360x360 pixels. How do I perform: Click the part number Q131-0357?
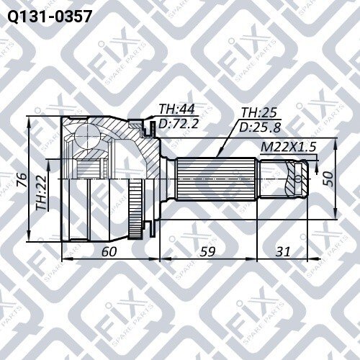point(50,17)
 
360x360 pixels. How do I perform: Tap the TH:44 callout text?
point(177,109)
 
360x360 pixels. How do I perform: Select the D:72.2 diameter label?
point(179,124)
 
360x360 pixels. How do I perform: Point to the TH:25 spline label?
point(259,112)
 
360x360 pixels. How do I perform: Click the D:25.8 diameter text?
point(260,127)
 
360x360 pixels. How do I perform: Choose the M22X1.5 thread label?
point(288,147)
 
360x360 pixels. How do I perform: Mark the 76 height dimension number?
point(22,179)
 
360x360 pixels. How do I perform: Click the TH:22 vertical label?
point(41,193)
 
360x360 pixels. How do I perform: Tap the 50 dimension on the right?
point(328,179)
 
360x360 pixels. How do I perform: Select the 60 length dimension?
point(109,251)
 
